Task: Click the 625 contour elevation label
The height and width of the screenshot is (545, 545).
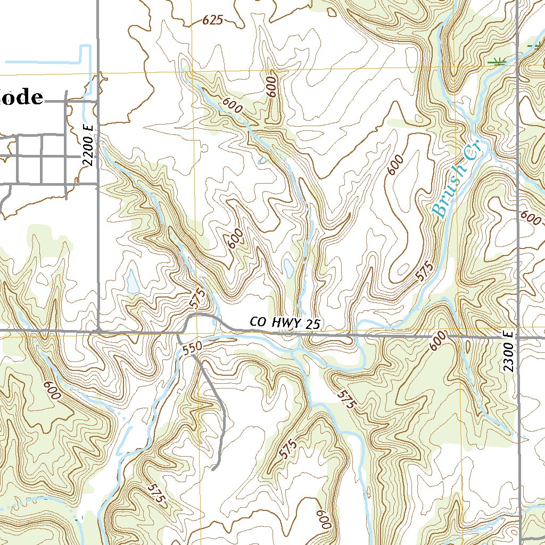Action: click(x=212, y=21)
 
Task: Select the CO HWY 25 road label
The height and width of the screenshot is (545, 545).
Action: click(x=286, y=323)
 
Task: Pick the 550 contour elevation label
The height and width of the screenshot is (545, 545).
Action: click(x=192, y=349)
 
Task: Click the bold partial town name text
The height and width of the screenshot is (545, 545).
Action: click(x=21, y=97)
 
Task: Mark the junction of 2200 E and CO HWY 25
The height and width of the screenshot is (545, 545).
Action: click(x=99, y=331)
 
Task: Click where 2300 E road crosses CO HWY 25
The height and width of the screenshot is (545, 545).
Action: click(x=518, y=336)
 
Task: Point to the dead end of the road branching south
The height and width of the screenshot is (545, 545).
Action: click(x=213, y=469)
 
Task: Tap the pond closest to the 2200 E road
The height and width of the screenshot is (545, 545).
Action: click(x=131, y=281)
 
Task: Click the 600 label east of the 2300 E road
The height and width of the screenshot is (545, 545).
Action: click(x=531, y=217)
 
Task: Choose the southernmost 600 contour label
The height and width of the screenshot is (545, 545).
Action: click(x=323, y=519)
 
